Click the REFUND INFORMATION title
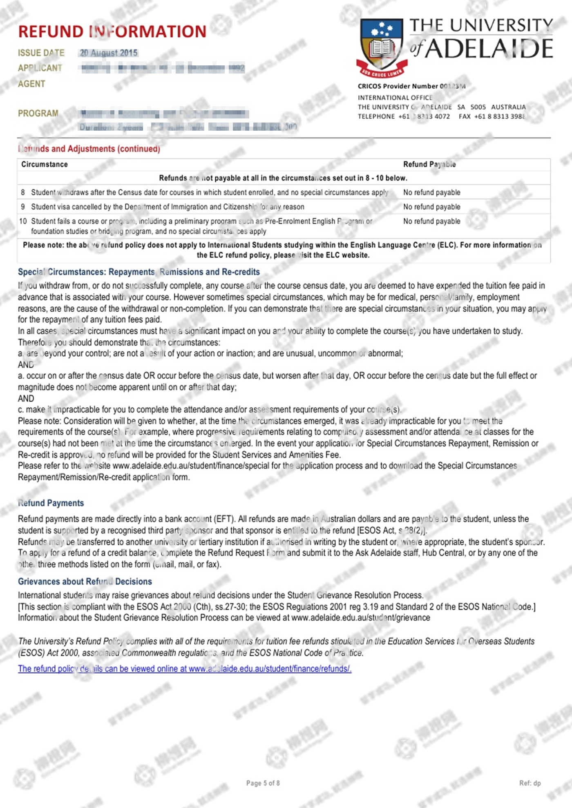(112, 32)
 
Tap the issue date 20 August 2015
(109, 53)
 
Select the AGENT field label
(31, 84)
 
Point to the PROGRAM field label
(38, 113)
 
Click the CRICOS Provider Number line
(411, 86)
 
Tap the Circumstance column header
(45, 164)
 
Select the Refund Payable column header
(429, 164)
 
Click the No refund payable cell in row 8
(431, 192)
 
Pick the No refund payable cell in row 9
(431, 207)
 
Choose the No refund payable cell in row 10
(431, 221)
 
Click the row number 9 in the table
(23, 207)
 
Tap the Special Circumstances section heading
(139, 272)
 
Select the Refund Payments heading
(51, 503)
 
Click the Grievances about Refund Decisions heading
(85, 581)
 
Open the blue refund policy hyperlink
(185, 669)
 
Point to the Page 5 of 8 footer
(263, 783)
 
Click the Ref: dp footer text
(530, 783)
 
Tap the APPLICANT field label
(40, 68)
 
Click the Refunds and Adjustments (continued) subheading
(89, 149)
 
